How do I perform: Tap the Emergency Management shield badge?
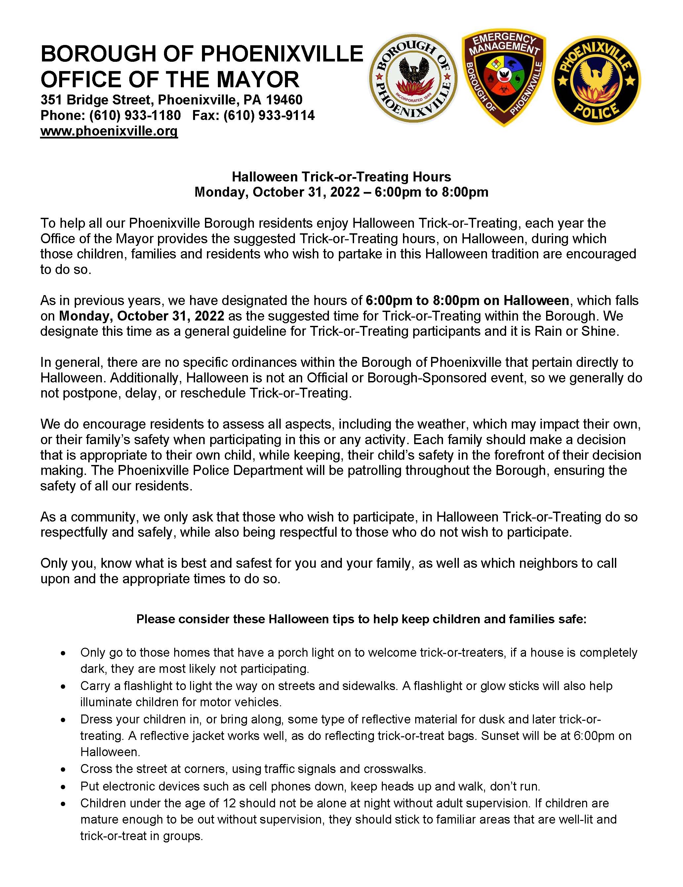503,79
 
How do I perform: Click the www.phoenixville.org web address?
109,131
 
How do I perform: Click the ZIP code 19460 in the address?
284,99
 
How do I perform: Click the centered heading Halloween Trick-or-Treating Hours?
341,177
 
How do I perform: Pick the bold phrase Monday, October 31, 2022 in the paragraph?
142,316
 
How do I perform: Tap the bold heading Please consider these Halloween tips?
361,619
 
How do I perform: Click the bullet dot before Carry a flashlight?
62,686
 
